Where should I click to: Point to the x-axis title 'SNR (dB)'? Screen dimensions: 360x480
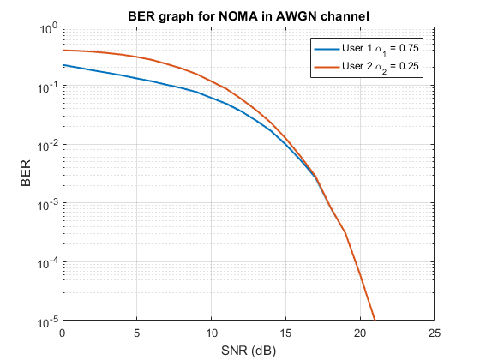click(x=249, y=350)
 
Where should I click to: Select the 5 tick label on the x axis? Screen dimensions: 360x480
click(x=137, y=333)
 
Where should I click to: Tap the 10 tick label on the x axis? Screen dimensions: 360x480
click(x=211, y=333)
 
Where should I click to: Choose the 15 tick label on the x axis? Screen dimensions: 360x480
click(x=285, y=333)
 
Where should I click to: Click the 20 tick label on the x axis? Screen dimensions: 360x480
click(x=360, y=333)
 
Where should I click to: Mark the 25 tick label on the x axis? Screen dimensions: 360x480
click(x=435, y=333)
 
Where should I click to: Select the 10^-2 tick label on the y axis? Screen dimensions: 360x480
click(x=45, y=146)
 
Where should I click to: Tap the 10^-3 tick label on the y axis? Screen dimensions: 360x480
click(x=45, y=205)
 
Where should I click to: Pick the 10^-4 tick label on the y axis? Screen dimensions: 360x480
click(x=45, y=263)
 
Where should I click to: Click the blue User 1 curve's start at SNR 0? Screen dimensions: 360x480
click(x=63, y=66)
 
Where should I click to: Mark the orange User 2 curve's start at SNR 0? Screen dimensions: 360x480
click(x=63, y=51)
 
